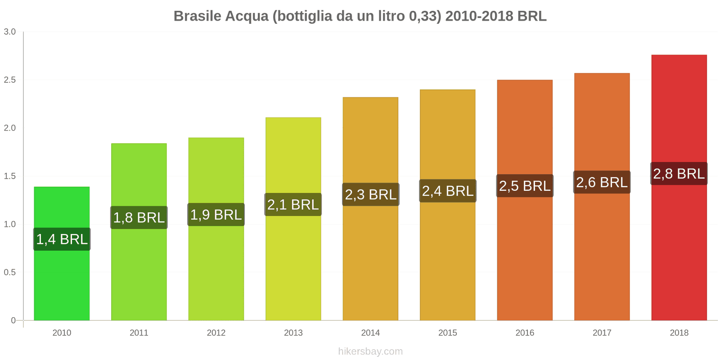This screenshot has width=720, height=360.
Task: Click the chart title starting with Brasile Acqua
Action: click(x=360, y=16)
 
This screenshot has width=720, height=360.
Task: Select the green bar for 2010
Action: click(x=62, y=279)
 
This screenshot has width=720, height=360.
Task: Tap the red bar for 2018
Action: click(x=679, y=252)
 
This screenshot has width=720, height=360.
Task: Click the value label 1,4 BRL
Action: click(x=62, y=239)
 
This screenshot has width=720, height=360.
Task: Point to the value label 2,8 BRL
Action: click(x=679, y=174)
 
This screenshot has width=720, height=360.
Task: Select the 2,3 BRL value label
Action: click(x=371, y=194)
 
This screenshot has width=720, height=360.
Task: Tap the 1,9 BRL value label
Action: click(x=216, y=215)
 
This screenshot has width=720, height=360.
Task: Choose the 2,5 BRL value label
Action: click(x=525, y=186)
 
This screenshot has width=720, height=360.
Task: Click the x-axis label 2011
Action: click(x=139, y=333)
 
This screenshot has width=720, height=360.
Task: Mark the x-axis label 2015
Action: click(x=448, y=333)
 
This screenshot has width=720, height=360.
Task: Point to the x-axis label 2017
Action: click(x=602, y=333)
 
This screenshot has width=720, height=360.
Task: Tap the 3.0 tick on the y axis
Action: click(x=10, y=32)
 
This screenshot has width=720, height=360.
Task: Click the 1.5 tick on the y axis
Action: click(x=10, y=176)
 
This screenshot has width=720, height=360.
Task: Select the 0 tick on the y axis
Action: click(x=13, y=320)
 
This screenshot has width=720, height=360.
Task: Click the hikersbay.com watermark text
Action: click(x=370, y=351)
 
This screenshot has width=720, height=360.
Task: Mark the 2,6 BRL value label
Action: click(x=602, y=182)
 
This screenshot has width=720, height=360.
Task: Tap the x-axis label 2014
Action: click(x=371, y=333)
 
